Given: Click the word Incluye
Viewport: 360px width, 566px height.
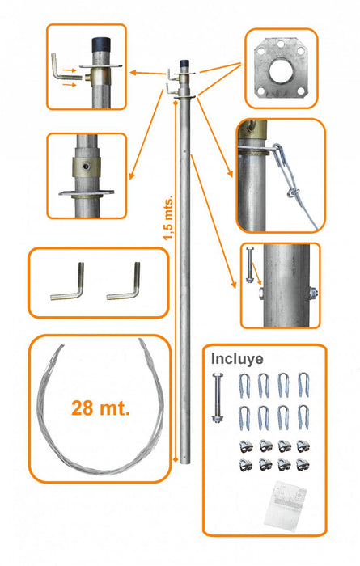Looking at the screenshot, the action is [237, 359].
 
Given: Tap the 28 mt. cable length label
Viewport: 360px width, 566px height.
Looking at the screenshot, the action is [100, 408].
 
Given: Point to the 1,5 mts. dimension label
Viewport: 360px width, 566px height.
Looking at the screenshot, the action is [168, 218].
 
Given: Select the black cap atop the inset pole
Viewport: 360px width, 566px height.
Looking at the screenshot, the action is [101, 44].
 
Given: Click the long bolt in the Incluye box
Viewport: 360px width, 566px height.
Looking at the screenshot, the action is [218, 398].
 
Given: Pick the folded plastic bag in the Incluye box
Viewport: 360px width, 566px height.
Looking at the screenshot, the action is [285, 505].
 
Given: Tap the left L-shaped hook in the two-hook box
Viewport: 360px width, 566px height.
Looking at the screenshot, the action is [68, 284].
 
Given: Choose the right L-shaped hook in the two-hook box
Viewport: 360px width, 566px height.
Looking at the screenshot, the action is [125, 283].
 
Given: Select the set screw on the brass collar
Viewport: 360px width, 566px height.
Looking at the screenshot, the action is [86, 167].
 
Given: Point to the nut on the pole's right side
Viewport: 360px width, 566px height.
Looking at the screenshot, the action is [313, 292].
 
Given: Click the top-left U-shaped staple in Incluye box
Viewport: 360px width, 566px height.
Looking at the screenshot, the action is [244, 386].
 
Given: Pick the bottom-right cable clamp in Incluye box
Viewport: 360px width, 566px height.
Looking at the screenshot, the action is [303, 465].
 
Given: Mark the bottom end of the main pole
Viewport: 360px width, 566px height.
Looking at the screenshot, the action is [184, 462].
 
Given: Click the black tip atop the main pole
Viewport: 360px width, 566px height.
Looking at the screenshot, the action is [185, 63].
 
